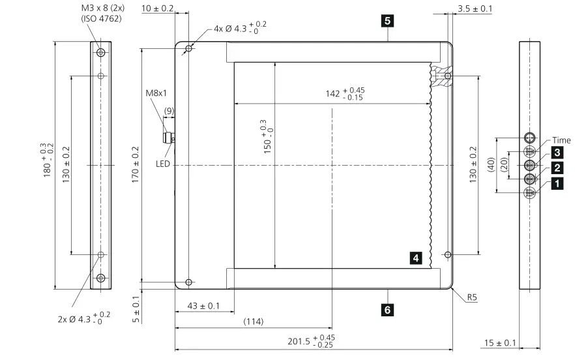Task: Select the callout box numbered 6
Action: (x=387, y=310)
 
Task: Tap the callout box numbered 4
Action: (x=416, y=258)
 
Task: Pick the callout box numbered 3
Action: (x=557, y=153)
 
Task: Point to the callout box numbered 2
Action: (x=557, y=168)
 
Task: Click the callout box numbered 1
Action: (x=557, y=184)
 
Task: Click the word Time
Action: (x=561, y=140)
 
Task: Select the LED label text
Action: (x=162, y=164)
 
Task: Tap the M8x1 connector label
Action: (x=156, y=93)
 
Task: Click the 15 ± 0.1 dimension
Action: (x=500, y=343)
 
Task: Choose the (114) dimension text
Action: (x=254, y=322)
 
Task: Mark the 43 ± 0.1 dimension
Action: (x=204, y=306)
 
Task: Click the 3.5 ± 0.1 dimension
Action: (x=475, y=8)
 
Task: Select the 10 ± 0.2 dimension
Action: (x=157, y=8)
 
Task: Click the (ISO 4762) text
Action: (x=102, y=18)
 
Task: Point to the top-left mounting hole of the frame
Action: (x=189, y=50)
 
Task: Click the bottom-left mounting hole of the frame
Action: (x=189, y=282)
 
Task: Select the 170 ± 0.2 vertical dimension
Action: (x=136, y=166)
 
